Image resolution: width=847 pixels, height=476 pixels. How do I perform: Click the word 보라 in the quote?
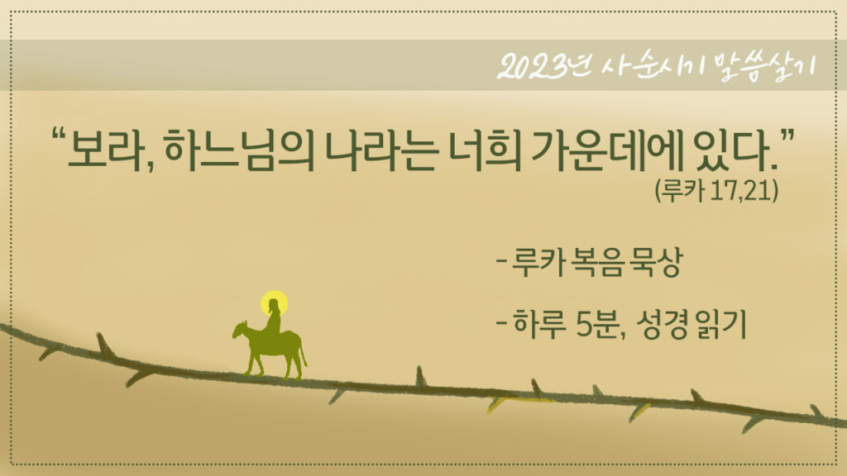(106, 149)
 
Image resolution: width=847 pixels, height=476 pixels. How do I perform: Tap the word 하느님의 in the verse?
(237, 150)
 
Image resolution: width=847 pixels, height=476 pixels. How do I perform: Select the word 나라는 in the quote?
(381, 150)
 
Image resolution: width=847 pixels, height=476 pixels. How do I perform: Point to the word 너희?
(486, 150)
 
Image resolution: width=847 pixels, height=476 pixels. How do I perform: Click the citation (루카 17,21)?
(717, 190)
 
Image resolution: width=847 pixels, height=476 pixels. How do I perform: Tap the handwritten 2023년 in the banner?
(542, 67)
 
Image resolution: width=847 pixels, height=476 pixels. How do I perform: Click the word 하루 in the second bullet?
(538, 324)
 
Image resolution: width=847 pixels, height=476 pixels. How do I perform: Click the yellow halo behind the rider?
(274, 302)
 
